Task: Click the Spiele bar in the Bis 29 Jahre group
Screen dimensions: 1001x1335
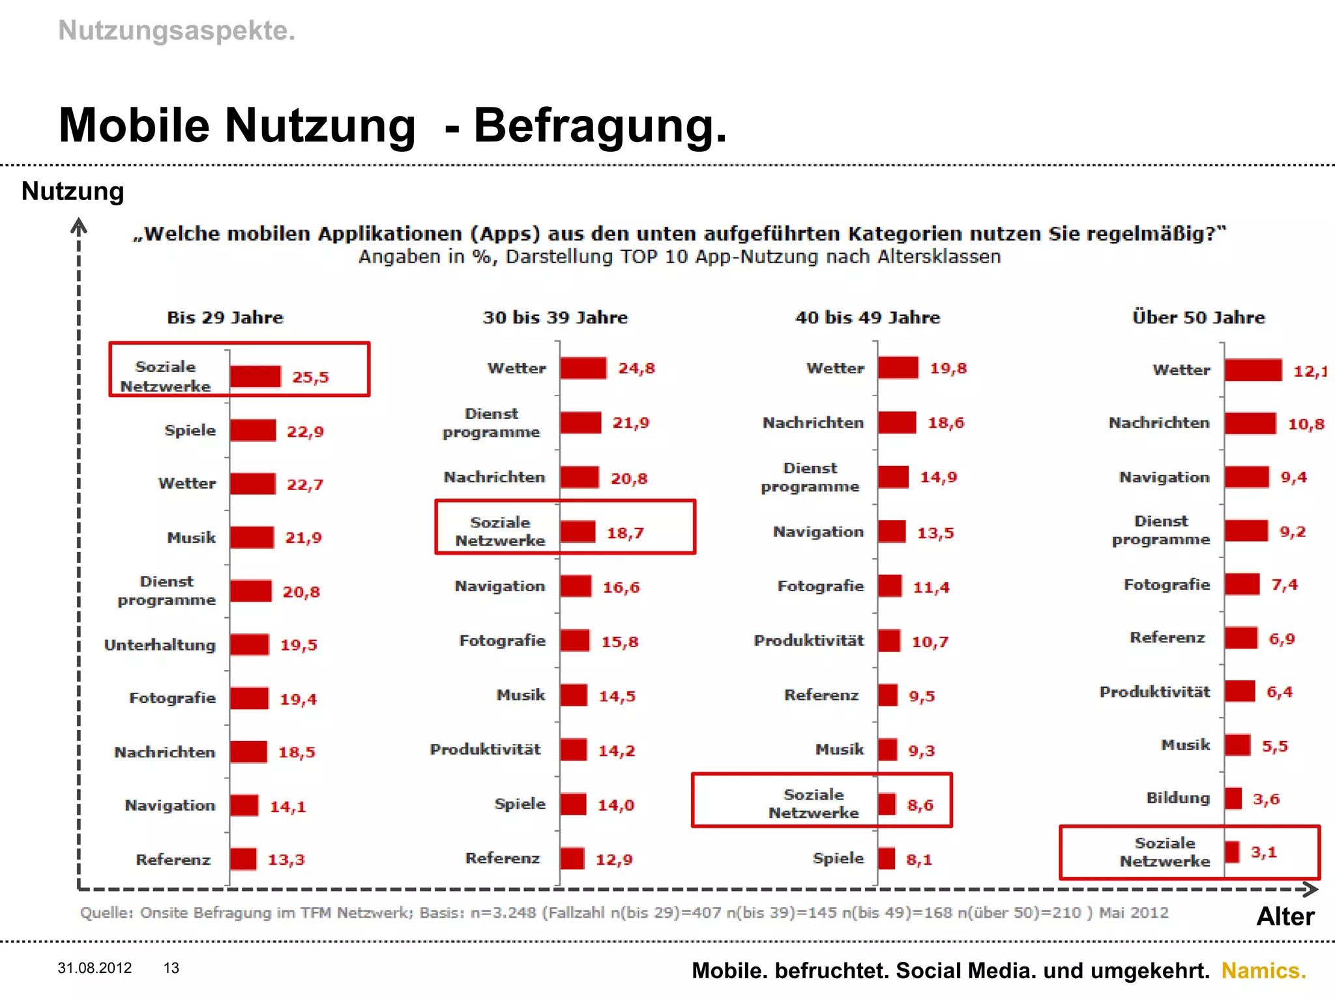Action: tap(253, 431)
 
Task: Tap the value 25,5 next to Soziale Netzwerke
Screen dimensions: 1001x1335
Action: tap(310, 377)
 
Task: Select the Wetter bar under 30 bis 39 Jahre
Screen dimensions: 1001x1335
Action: tap(583, 368)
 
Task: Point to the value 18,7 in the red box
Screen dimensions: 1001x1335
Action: tap(625, 533)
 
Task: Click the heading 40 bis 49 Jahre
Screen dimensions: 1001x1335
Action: tap(868, 317)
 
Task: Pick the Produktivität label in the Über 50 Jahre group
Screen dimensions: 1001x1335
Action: tap(1154, 691)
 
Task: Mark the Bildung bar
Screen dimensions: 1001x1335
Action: tap(1233, 798)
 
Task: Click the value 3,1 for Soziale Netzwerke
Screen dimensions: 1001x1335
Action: tap(1263, 852)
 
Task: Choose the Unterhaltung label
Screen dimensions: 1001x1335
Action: tap(160, 645)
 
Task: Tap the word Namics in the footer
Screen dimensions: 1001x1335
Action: tap(1263, 970)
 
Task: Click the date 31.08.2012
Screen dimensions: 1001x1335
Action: tap(95, 968)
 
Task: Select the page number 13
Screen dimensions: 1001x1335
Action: tap(171, 968)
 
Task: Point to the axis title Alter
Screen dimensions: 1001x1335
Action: tap(1285, 916)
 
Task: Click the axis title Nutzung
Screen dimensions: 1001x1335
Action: tap(73, 192)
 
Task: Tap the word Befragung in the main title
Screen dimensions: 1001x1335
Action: tap(600, 125)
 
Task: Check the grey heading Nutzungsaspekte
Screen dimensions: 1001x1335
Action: tap(177, 31)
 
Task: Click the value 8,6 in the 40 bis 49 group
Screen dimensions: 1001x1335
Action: tap(920, 805)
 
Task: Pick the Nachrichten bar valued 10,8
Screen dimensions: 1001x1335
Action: tap(1250, 424)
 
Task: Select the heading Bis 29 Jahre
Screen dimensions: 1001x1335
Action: tap(226, 317)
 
